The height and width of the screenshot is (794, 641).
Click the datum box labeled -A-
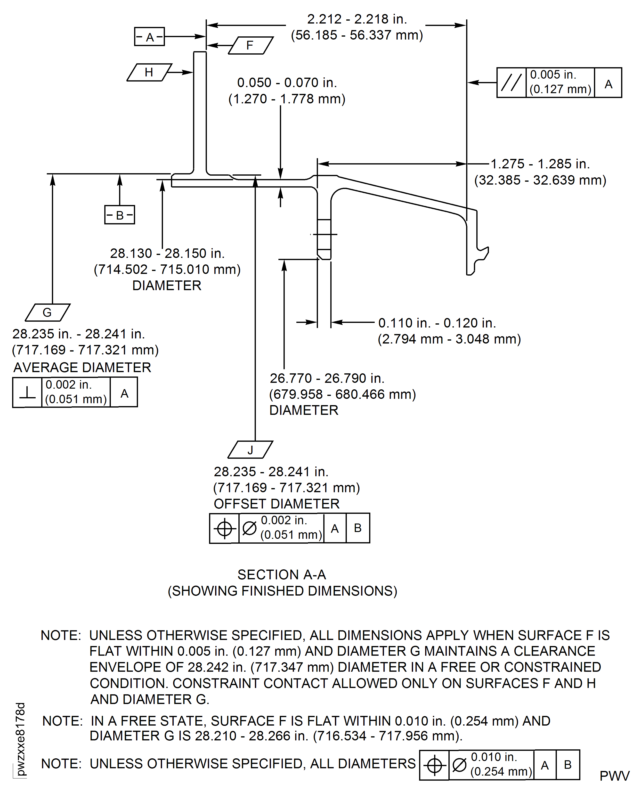[149, 37]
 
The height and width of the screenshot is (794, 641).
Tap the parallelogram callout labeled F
[250, 45]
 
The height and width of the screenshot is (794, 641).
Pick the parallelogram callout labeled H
[149, 72]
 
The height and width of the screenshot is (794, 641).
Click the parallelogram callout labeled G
[47, 312]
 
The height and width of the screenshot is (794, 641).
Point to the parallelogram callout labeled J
[250, 450]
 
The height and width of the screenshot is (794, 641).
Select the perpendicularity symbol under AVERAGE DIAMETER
[27, 392]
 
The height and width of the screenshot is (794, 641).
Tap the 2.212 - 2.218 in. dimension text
[357, 19]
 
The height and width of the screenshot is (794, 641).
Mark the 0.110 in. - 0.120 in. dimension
[437, 323]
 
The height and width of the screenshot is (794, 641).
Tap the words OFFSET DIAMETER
[276, 504]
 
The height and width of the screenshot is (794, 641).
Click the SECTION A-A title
[282, 575]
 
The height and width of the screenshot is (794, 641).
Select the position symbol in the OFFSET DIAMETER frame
[224, 528]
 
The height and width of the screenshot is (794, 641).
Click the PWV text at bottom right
[614, 776]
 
